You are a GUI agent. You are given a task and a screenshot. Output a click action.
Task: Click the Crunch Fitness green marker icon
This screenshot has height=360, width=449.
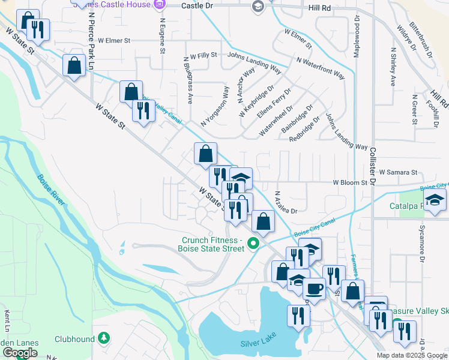(253, 244)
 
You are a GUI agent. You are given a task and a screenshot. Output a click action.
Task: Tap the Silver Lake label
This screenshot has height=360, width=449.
(256, 343)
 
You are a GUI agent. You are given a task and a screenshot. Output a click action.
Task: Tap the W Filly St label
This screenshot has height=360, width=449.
(203, 56)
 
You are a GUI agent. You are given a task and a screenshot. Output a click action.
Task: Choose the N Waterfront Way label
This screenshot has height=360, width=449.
(321, 68)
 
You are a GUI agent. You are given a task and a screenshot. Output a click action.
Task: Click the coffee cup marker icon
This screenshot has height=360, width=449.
(314, 289)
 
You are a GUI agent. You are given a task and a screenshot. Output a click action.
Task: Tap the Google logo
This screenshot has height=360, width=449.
(19, 353)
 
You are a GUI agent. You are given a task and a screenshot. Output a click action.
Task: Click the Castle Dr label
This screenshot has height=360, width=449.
(196, 5)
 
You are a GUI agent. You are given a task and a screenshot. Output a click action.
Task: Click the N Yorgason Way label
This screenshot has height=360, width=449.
(215, 106)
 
